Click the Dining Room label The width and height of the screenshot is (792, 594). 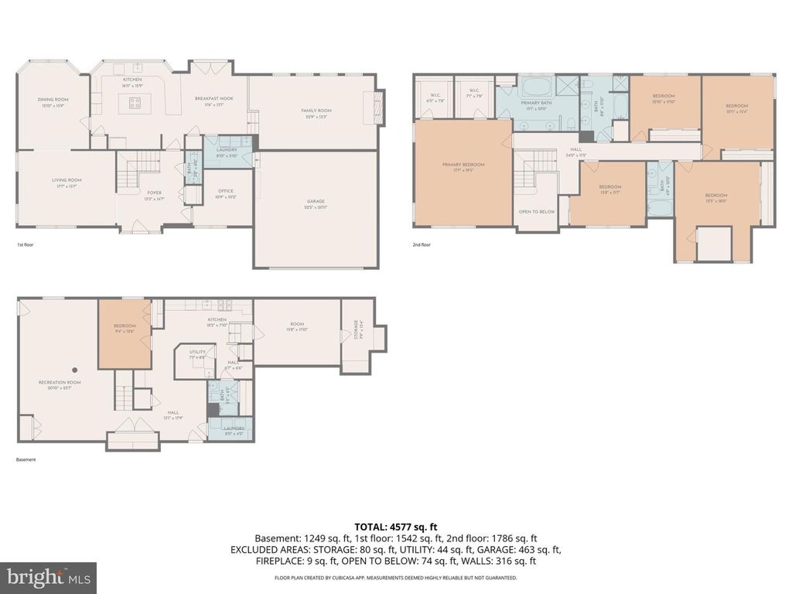[x=53, y=100]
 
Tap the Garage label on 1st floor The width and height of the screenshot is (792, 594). [x=316, y=202]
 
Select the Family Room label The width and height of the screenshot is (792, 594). [x=316, y=111]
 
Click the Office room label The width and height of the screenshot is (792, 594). [x=225, y=191]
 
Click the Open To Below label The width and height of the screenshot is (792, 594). [x=536, y=211]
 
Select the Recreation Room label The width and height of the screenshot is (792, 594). [x=60, y=382]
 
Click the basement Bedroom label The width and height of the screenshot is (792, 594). [x=125, y=326]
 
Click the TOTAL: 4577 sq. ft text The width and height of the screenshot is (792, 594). [x=395, y=526]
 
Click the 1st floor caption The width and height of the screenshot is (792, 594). [x=26, y=244]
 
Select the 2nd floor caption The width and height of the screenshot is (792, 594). [x=421, y=244]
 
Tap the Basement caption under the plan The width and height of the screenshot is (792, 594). [x=26, y=459]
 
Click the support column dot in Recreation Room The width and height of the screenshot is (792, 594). [x=74, y=370]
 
